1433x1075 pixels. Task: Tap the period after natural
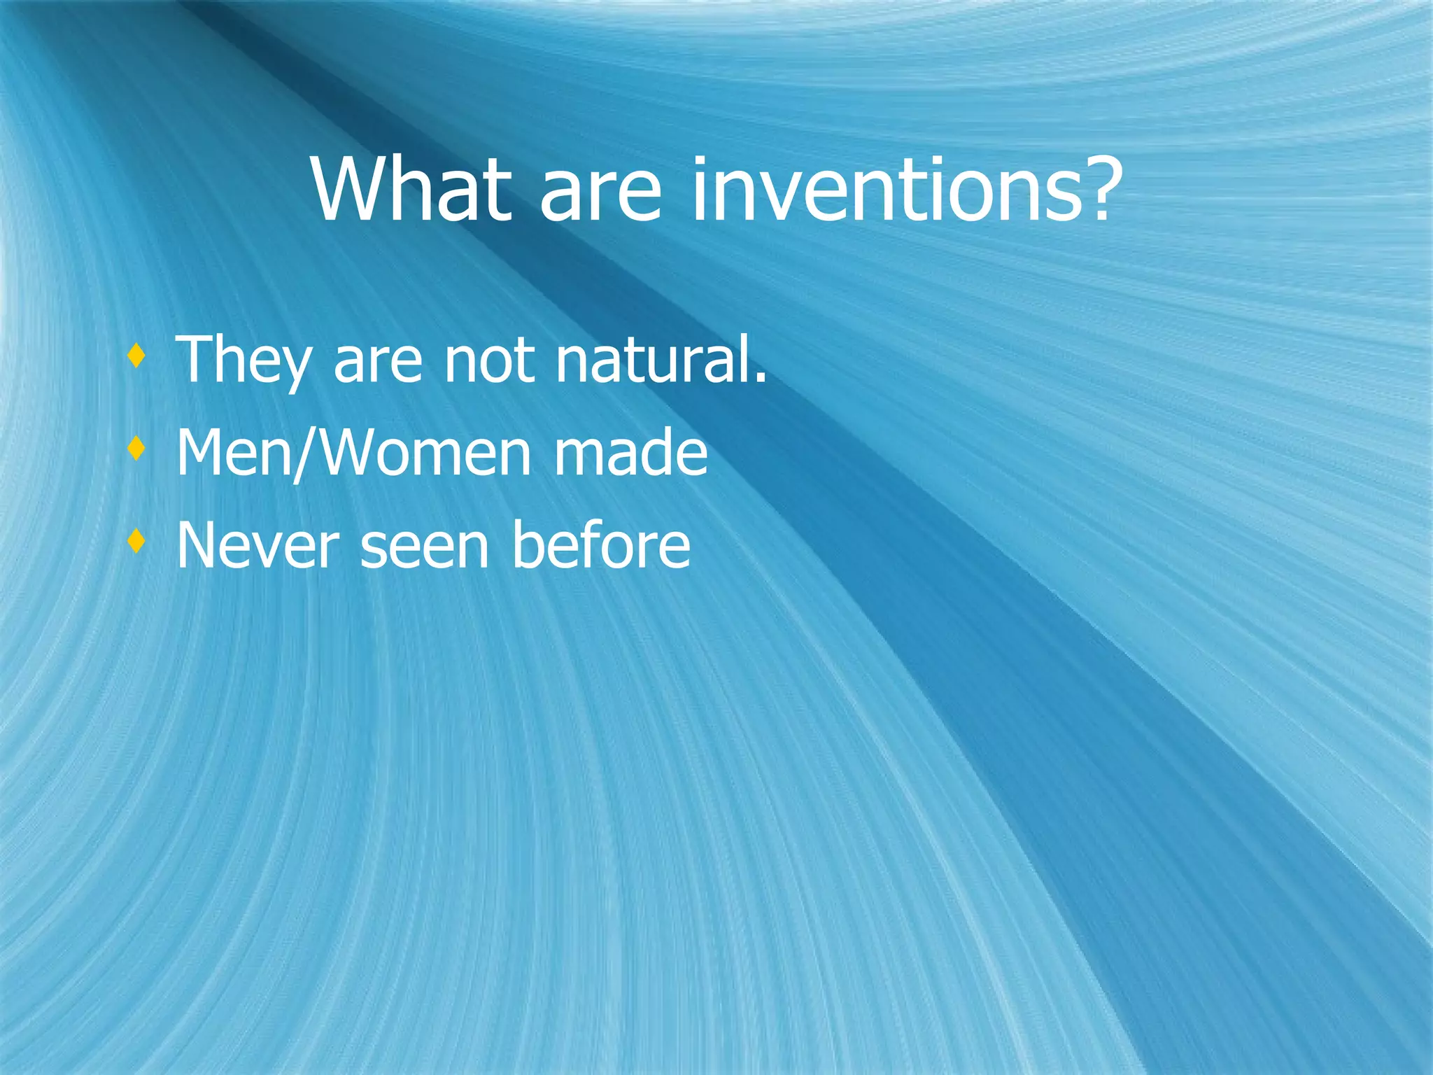[761, 379]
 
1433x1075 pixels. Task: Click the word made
[630, 454]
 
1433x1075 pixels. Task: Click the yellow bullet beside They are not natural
[137, 358]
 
